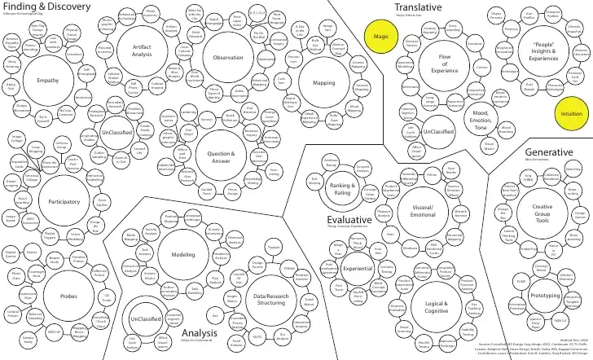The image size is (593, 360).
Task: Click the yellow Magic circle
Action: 380,37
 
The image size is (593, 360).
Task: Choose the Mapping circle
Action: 323,82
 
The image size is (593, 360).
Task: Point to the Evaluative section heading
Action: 348,221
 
